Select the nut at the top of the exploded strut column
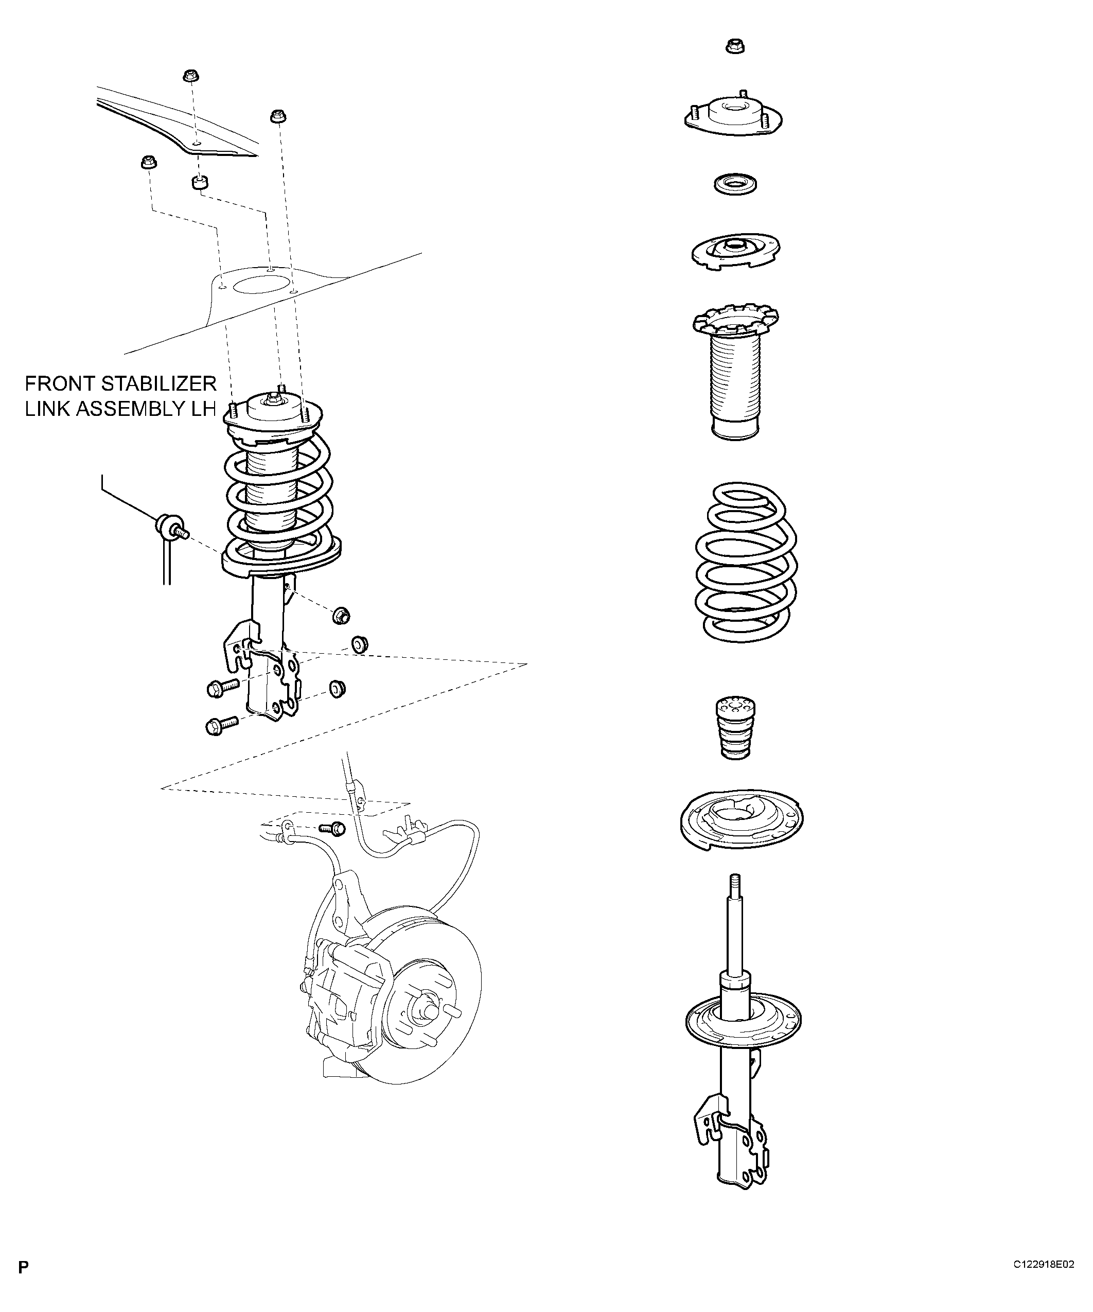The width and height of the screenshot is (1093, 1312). (x=736, y=46)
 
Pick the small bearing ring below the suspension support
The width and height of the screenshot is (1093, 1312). (x=736, y=184)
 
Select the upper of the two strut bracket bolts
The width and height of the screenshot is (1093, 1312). (x=222, y=687)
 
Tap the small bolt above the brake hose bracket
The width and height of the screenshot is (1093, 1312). (x=332, y=828)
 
